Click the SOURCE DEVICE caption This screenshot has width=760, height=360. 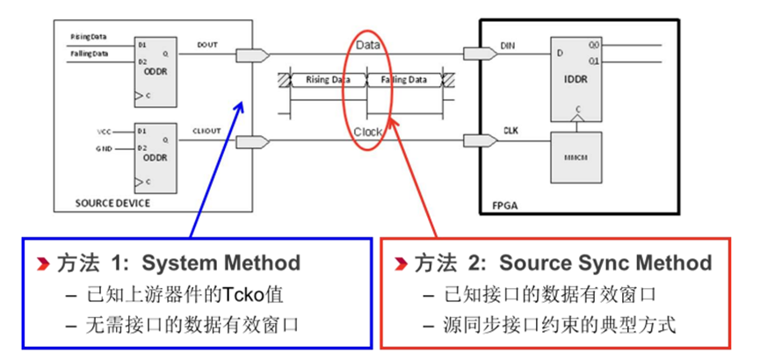[x=113, y=204]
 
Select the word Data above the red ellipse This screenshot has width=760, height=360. [x=367, y=42]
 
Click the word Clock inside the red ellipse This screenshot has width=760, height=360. [x=368, y=132]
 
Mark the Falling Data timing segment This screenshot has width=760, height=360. [x=403, y=80]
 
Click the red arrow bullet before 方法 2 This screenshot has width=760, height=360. [x=402, y=263]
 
